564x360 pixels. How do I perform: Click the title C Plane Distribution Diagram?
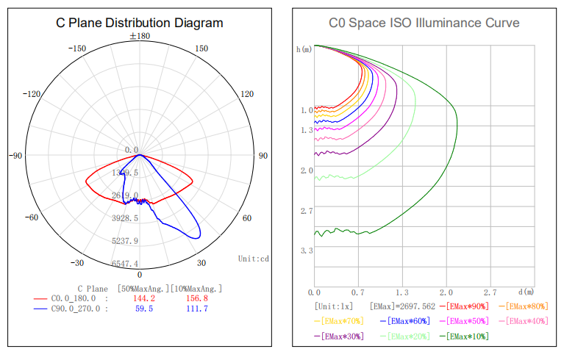140,23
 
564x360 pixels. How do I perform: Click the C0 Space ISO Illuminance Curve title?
424,23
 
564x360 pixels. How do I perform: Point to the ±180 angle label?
140,36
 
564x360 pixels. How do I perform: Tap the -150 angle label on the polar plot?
76,48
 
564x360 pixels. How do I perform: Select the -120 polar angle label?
32,94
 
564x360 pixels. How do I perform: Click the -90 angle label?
15,156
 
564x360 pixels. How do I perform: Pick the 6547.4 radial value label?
124,264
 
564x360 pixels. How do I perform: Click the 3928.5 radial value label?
124,218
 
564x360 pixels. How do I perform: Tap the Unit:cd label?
253,259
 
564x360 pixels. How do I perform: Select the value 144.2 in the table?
143,299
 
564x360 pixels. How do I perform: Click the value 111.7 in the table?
196,309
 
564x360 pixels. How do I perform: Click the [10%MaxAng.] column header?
196,288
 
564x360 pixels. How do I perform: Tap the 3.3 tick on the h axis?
307,251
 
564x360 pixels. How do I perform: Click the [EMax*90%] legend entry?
468,306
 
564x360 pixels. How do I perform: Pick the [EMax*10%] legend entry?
468,336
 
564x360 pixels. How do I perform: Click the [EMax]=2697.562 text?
402,306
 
